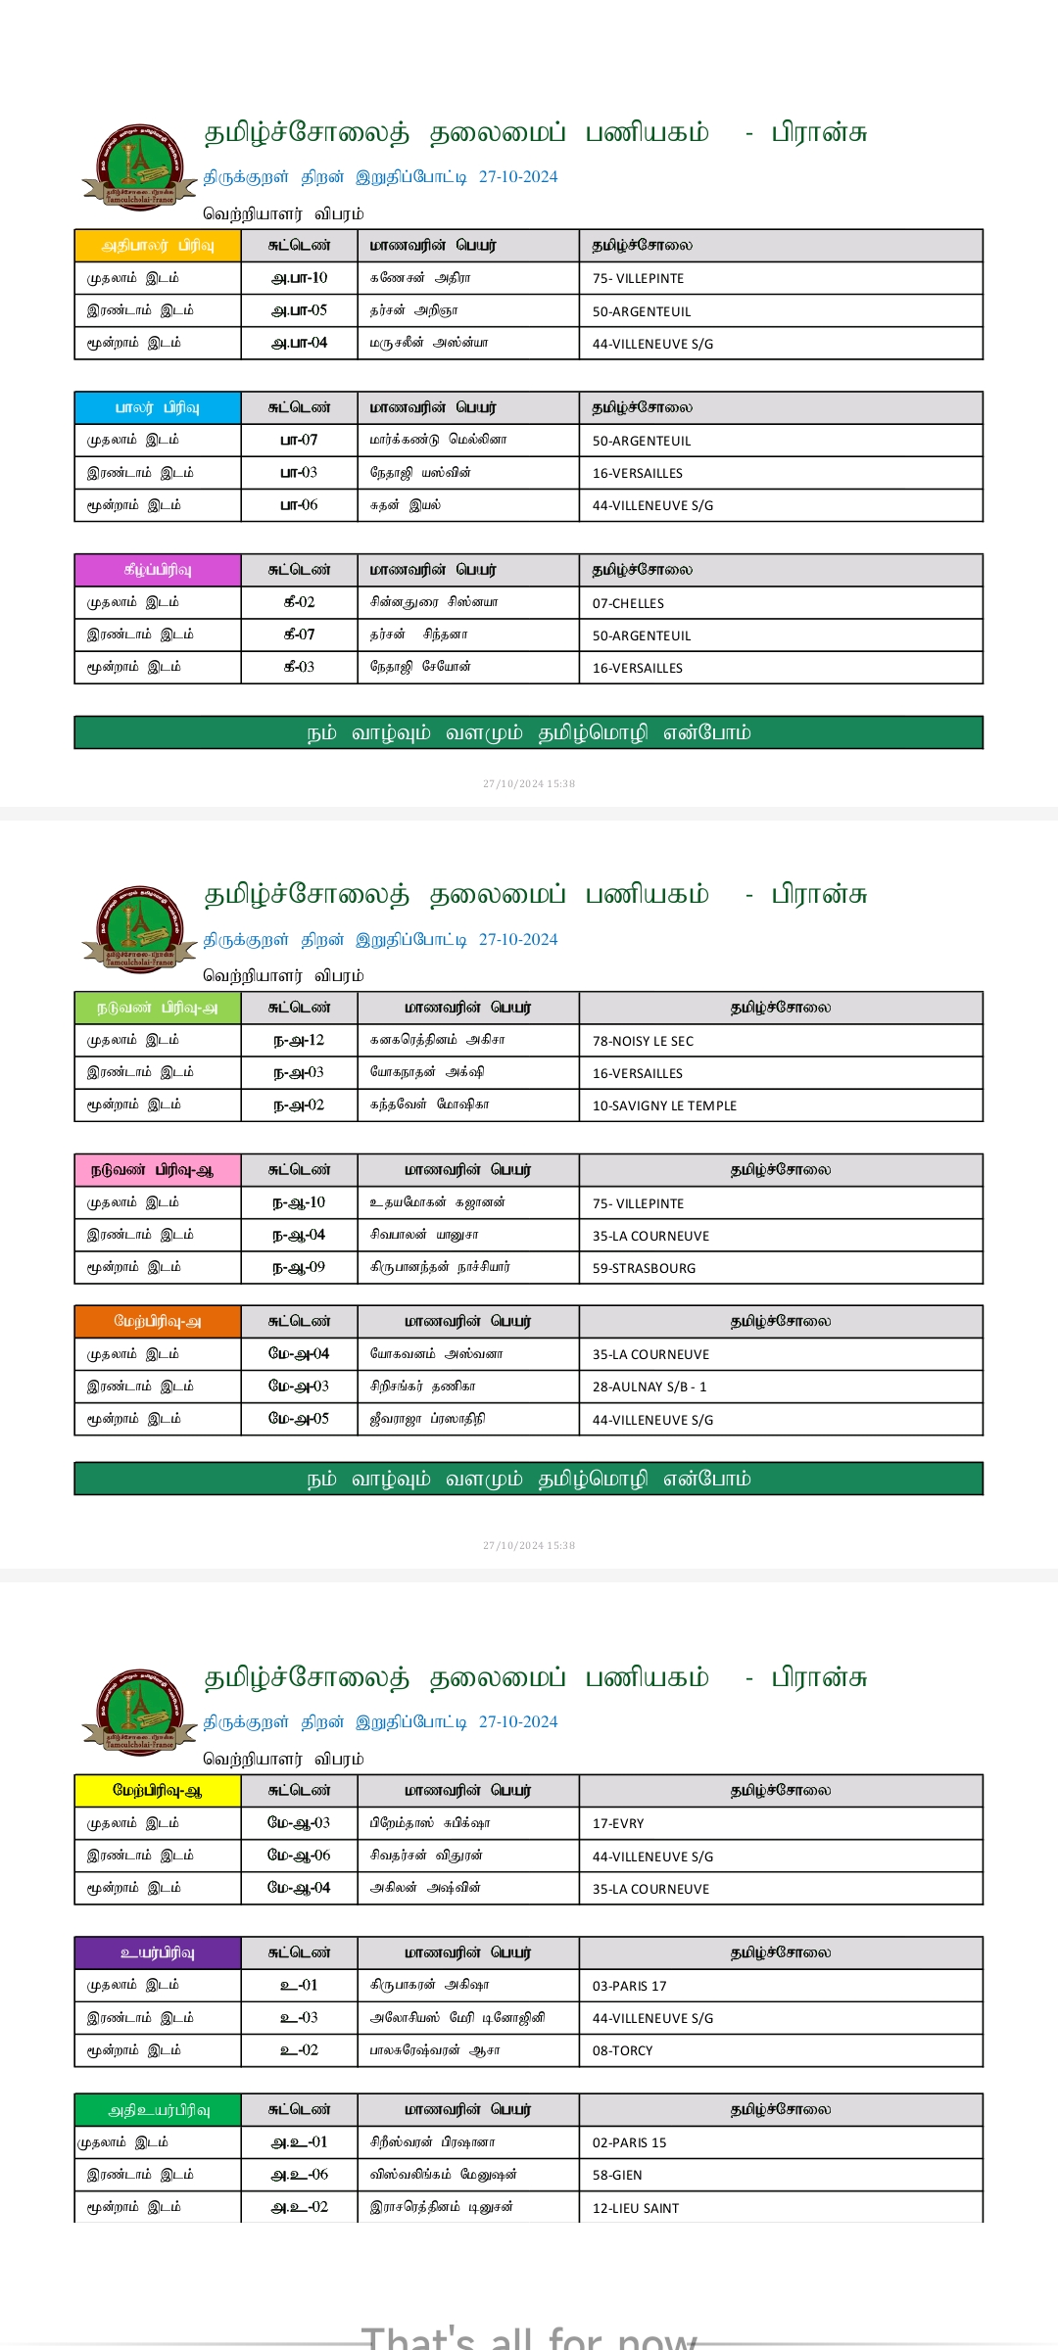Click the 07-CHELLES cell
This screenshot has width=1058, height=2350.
click(628, 603)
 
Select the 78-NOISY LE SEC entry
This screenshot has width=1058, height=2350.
click(643, 1041)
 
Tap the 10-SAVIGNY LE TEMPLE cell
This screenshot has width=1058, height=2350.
click(664, 1105)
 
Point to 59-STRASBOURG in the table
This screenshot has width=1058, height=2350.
click(644, 1268)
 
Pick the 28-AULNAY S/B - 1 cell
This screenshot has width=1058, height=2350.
click(649, 1386)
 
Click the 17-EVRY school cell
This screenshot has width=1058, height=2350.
click(618, 1823)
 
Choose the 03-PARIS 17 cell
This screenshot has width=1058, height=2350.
click(629, 1986)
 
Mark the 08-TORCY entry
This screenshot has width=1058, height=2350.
click(622, 2050)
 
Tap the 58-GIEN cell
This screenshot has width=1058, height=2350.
click(617, 2175)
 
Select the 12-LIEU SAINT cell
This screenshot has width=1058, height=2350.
click(636, 2208)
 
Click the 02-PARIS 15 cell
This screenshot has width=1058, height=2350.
click(629, 2142)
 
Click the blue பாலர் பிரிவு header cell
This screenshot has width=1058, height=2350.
click(158, 407)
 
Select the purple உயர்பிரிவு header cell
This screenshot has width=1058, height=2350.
click(158, 1952)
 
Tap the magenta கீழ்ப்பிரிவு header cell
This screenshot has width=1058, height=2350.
click(158, 570)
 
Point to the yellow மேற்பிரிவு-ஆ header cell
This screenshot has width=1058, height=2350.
click(158, 1790)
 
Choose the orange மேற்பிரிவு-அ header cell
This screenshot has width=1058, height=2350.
click(158, 1321)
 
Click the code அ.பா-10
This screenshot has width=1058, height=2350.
click(300, 278)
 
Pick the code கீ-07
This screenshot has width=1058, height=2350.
click(300, 634)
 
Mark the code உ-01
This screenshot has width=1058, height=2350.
click(300, 1985)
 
